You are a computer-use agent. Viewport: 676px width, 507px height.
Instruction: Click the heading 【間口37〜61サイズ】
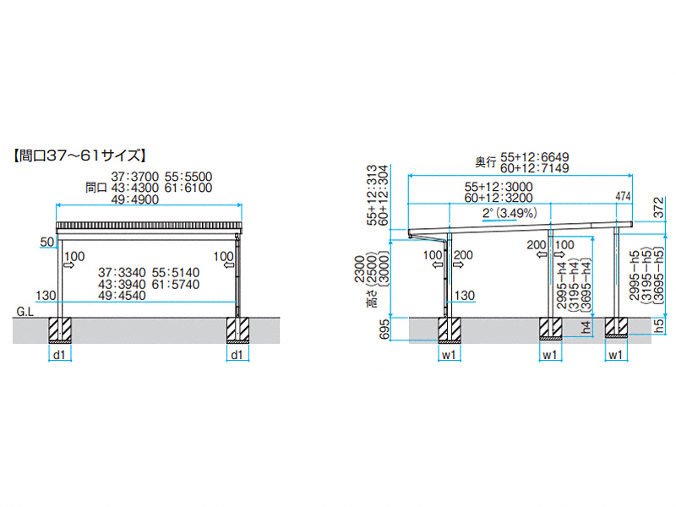tap(79, 155)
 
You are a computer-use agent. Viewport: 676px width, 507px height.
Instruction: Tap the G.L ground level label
tap(25, 311)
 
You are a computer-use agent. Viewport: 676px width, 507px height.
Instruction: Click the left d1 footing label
tap(59, 355)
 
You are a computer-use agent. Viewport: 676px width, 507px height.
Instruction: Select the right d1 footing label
tap(237, 355)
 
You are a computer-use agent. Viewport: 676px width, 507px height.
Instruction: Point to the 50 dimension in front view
tap(47, 243)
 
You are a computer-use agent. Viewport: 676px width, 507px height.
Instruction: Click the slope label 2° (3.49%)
tap(510, 213)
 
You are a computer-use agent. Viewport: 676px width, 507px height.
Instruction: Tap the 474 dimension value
tap(623, 197)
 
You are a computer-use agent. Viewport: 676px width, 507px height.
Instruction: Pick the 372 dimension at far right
tap(659, 208)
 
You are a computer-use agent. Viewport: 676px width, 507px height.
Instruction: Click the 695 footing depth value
tap(384, 330)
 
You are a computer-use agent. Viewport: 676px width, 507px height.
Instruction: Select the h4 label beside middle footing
tap(586, 328)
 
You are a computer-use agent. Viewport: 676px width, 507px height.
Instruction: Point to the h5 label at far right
tap(660, 326)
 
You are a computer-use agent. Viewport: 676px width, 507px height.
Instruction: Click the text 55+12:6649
tap(535, 157)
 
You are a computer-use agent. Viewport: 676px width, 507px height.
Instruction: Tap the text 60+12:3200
tap(499, 198)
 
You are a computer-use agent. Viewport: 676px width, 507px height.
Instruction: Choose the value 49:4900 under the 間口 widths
tap(135, 199)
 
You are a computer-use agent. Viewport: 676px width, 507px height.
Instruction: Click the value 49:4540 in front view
tap(122, 296)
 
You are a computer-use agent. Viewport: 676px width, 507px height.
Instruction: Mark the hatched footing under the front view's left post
tap(60, 330)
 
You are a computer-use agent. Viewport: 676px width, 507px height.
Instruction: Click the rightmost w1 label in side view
tap(616, 355)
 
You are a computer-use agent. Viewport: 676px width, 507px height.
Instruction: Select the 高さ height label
tap(372, 298)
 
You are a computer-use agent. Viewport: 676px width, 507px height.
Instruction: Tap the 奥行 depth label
tap(485, 162)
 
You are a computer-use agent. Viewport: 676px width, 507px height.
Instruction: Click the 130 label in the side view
tap(464, 296)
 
